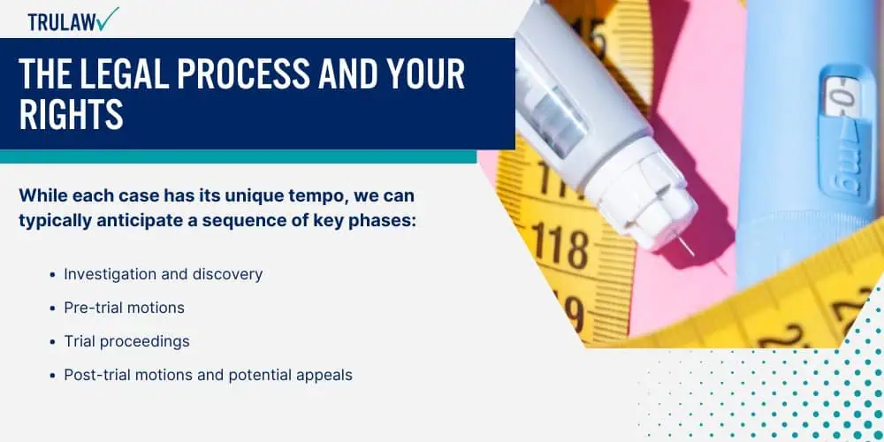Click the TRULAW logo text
pos(61,21)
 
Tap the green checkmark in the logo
pos(107,18)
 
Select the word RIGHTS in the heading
pos(71,115)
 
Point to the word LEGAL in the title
pos(125,74)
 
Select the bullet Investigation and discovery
pos(163,275)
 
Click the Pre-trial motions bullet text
pos(124,308)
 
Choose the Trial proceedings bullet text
pos(126,341)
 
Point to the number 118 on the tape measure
pos(560,247)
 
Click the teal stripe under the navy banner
pos(238,156)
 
